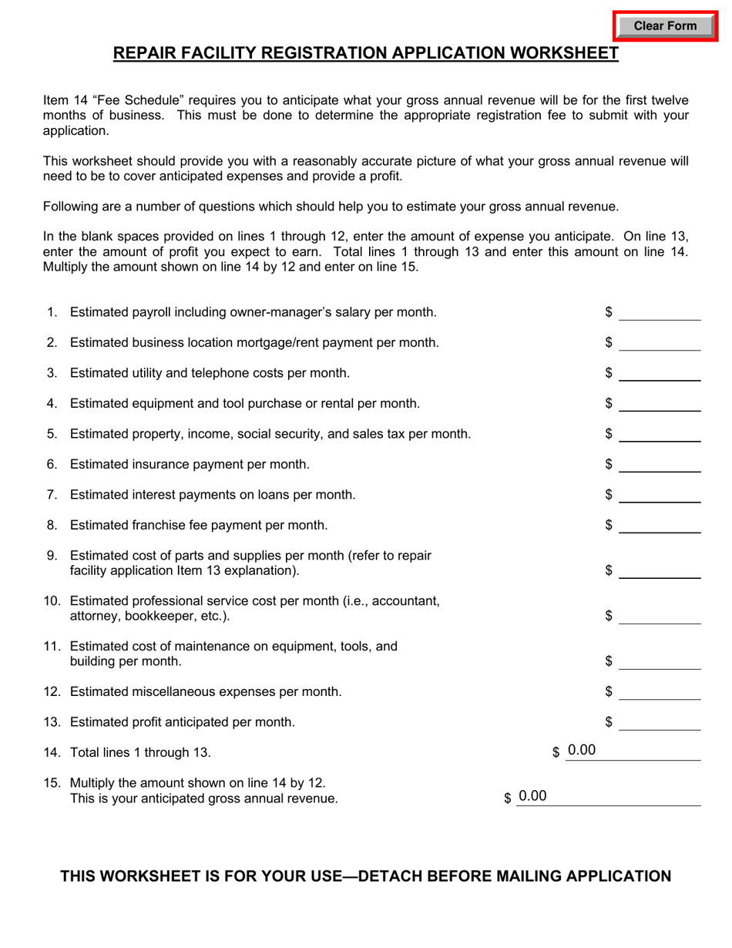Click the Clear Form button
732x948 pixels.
pos(664,26)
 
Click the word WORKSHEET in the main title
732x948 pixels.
pos(556,53)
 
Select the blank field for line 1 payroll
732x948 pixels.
pos(660,311)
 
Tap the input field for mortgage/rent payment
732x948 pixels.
pos(660,342)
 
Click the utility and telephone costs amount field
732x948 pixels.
pos(660,373)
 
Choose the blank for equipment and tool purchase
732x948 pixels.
pos(660,403)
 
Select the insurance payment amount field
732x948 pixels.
pos(660,464)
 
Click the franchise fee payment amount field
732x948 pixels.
pos(660,525)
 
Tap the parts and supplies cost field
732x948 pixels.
pos(660,570)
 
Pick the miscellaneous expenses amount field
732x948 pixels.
pos(660,691)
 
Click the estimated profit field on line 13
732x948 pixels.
pos(660,722)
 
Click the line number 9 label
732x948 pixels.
pos(52,555)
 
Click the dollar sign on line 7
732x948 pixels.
pos(609,495)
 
